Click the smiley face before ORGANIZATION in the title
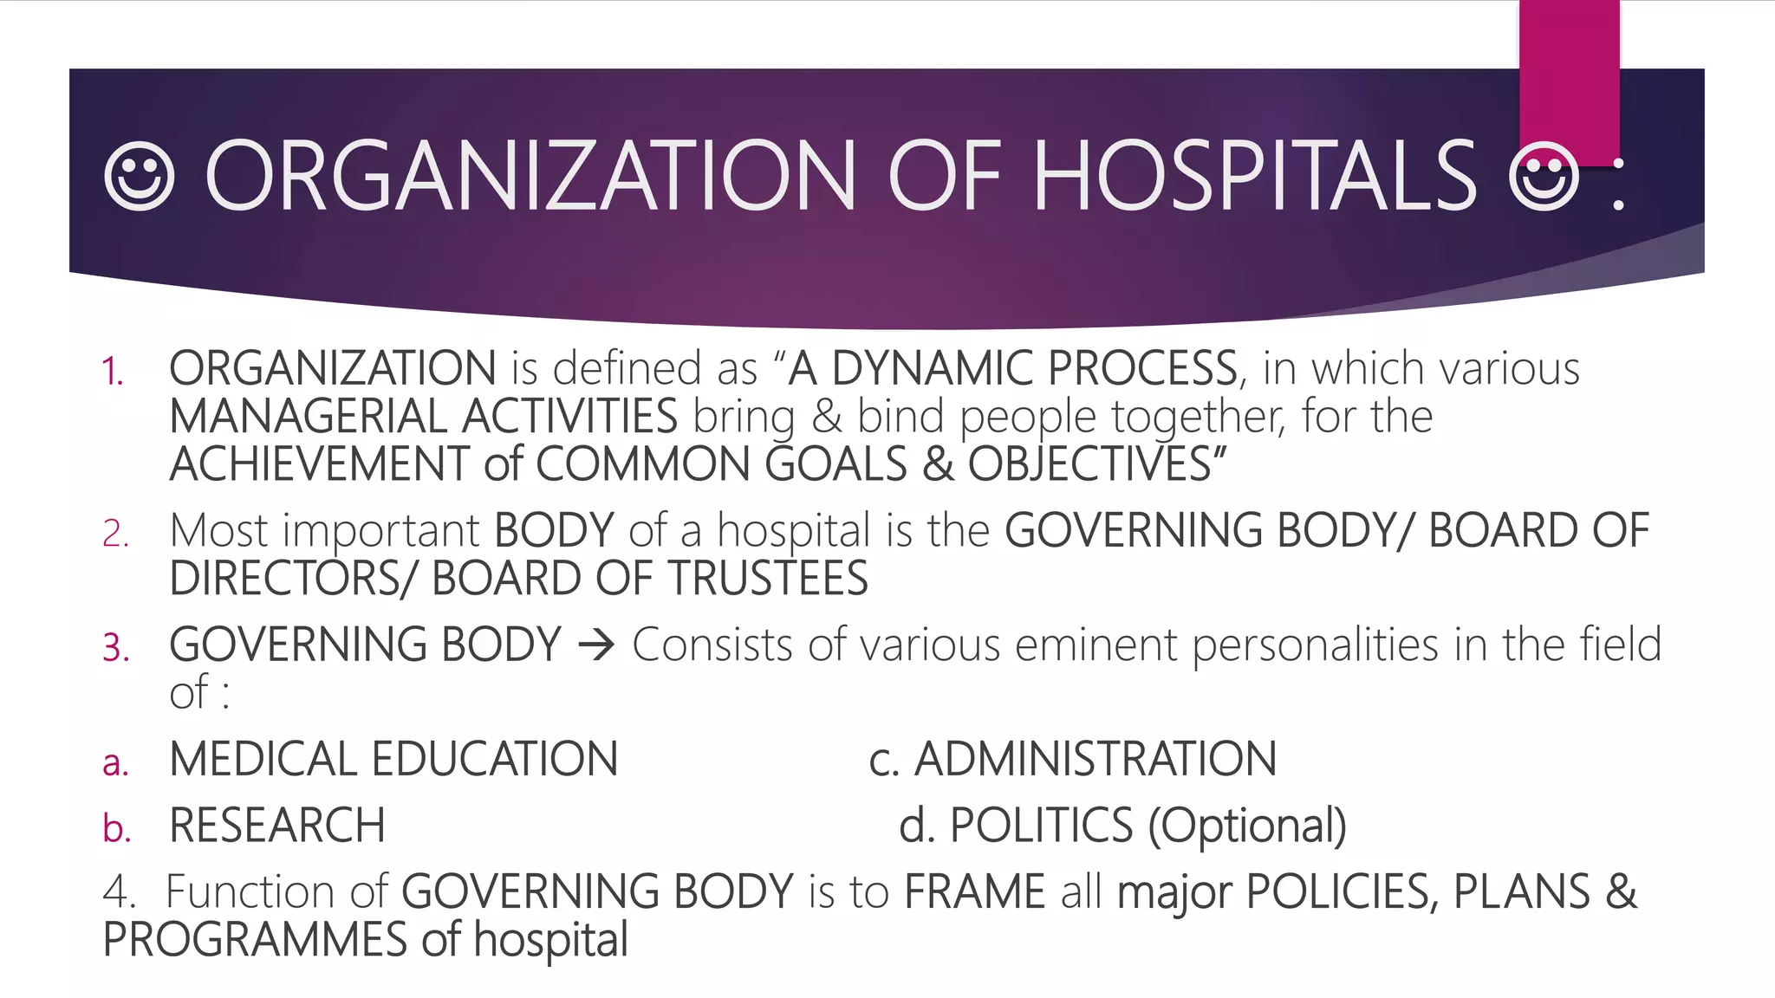tap(139, 177)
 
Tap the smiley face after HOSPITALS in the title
tap(1544, 178)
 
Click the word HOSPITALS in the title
tap(1255, 177)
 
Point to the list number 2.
tap(115, 534)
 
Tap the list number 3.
tap(116, 648)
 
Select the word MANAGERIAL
tap(308, 417)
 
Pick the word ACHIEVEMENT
tap(319, 464)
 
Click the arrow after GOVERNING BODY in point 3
tap(596, 645)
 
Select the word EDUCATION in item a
tap(495, 760)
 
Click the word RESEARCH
tap(277, 826)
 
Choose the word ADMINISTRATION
tap(1096, 760)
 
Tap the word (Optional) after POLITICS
tap(1247, 826)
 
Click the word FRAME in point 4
tap(974, 892)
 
